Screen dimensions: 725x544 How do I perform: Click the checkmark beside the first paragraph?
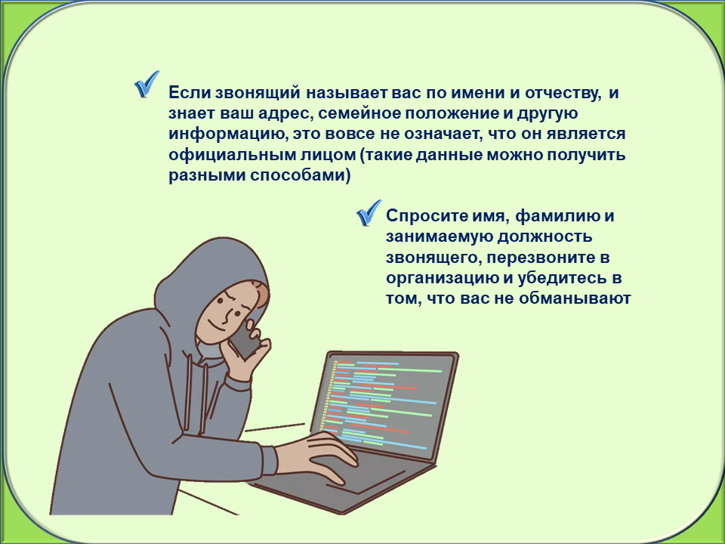coord(147,84)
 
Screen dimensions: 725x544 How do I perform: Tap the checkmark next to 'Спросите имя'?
coord(369,213)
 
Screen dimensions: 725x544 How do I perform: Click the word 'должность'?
coord(545,236)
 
